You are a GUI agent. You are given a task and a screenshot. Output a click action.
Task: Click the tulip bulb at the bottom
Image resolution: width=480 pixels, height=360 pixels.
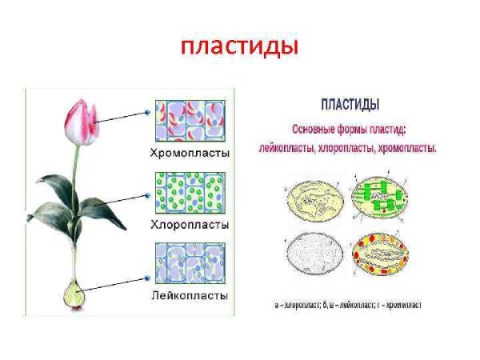pyautogui.click(x=76, y=295)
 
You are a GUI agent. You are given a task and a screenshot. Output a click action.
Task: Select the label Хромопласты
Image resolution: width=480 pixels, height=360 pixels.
pyautogui.click(x=190, y=152)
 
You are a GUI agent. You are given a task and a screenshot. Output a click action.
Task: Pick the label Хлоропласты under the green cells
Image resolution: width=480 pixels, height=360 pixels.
pyautogui.click(x=190, y=225)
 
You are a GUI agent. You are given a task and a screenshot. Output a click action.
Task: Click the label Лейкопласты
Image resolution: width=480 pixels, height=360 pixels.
pyautogui.click(x=190, y=295)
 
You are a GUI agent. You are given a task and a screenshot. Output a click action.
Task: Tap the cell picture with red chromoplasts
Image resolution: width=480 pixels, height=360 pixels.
pyautogui.click(x=190, y=121)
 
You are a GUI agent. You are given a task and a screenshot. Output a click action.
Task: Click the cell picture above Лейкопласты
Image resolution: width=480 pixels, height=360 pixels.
pyautogui.click(x=190, y=265)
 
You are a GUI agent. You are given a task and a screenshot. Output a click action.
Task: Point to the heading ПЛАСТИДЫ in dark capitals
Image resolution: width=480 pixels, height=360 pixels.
pyautogui.click(x=350, y=105)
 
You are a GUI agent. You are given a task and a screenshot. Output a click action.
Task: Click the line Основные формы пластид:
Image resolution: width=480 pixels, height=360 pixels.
pyautogui.click(x=349, y=130)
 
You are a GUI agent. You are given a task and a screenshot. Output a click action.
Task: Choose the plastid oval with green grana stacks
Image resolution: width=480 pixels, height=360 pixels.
pyautogui.click(x=379, y=197)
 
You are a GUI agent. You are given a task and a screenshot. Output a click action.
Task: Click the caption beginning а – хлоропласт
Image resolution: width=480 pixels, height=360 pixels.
pyautogui.click(x=348, y=306)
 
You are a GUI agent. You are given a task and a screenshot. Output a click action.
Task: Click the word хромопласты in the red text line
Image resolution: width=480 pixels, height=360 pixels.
pyautogui.click(x=406, y=149)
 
